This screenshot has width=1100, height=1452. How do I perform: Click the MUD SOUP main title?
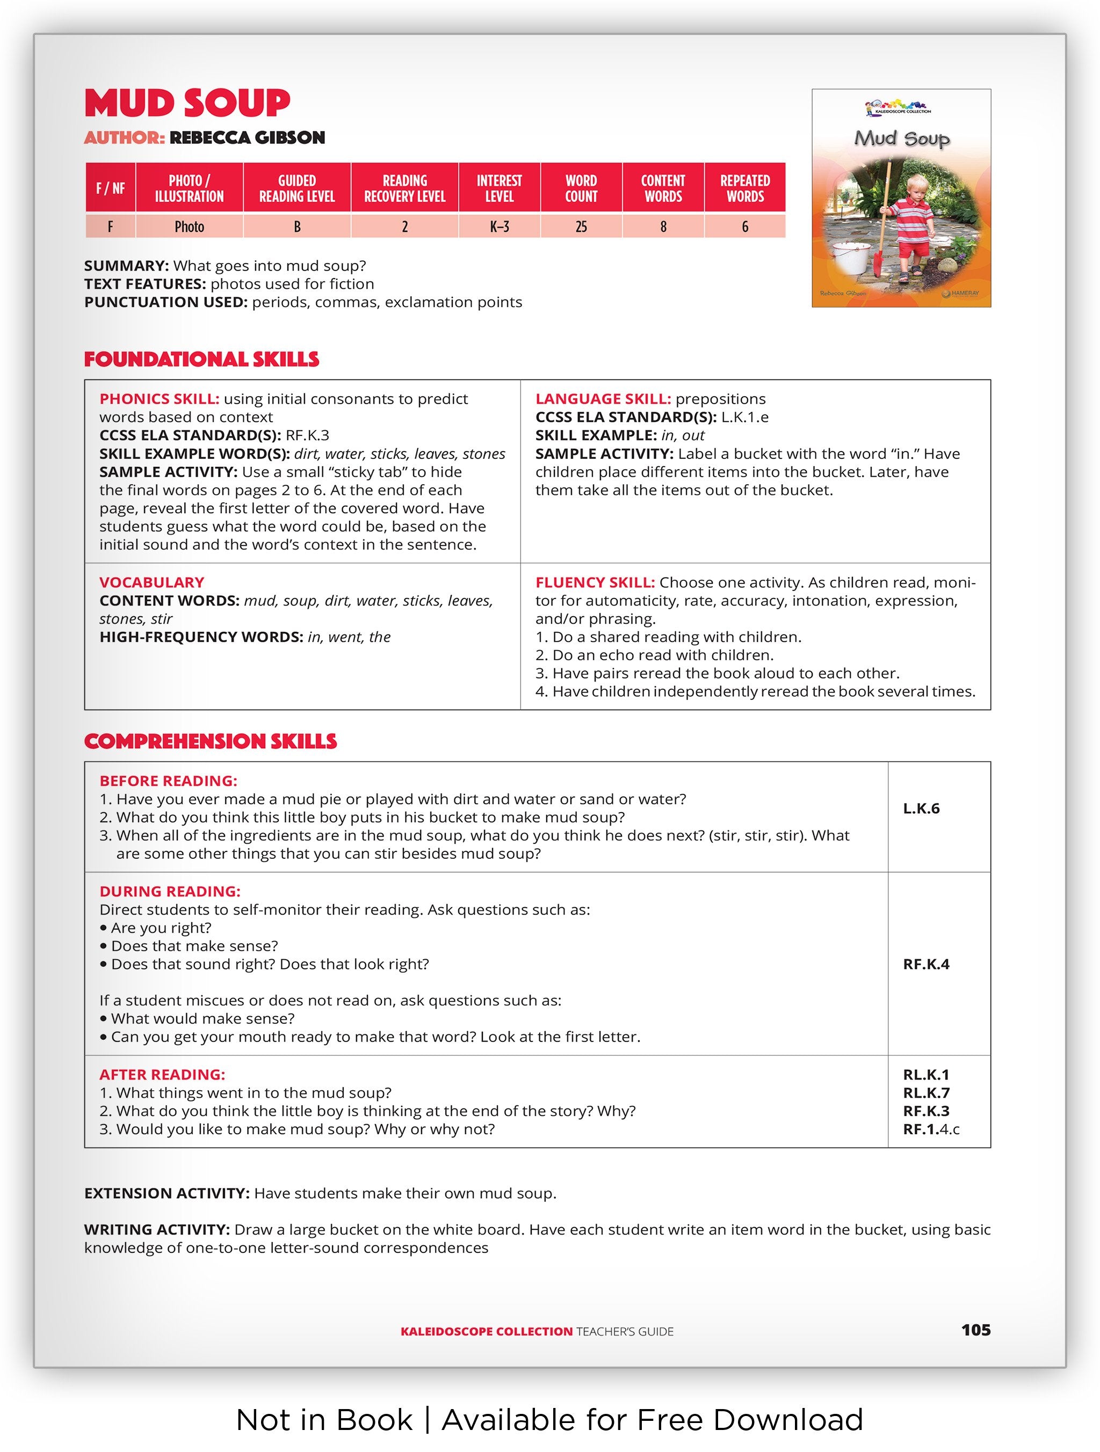(187, 103)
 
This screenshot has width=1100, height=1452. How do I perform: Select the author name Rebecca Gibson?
(247, 138)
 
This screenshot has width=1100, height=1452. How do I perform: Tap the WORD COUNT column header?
(581, 188)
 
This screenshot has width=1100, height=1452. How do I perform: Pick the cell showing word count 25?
(581, 227)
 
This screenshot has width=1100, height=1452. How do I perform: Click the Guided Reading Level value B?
(297, 227)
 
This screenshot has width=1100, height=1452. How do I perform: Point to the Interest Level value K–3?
(499, 227)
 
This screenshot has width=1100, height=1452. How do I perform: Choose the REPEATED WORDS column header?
(745, 188)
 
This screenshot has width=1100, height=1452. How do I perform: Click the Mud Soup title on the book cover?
(902, 138)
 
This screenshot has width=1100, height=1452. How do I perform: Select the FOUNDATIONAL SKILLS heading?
(201, 359)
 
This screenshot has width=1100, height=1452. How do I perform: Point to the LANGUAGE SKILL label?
(603, 399)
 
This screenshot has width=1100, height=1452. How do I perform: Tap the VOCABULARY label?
(151, 582)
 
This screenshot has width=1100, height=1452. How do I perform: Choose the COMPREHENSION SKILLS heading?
(210, 741)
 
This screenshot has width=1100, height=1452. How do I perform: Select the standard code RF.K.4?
(926, 964)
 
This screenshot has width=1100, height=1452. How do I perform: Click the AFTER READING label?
(162, 1075)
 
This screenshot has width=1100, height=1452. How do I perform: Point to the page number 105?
(975, 1330)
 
